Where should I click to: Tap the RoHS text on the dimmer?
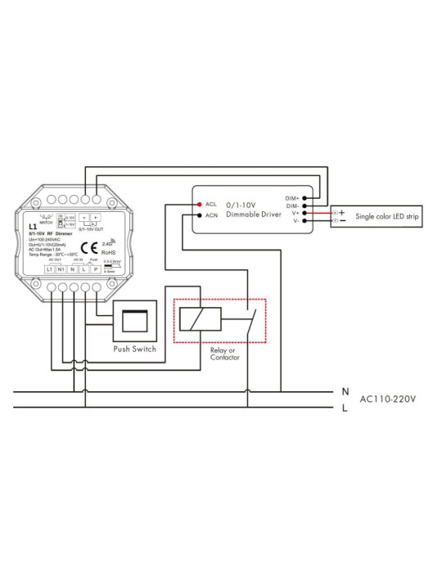(x=107, y=251)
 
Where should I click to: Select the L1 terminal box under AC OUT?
(x=50, y=269)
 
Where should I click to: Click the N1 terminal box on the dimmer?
(x=61, y=269)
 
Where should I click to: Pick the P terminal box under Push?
(x=96, y=269)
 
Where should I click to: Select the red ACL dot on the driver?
(x=197, y=203)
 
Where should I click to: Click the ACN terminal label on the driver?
(x=211, y=215)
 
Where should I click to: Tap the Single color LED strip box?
(x=376, y=216)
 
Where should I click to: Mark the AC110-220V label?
(x=388, y=399)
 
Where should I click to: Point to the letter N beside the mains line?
(x=345, y=392)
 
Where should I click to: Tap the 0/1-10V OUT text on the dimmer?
(x=90, y=231)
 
